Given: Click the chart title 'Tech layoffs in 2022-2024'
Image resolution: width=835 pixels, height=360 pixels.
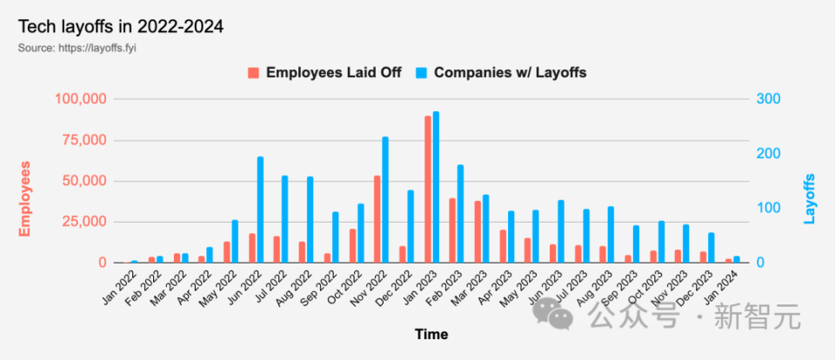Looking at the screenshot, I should click(x=121, y=27).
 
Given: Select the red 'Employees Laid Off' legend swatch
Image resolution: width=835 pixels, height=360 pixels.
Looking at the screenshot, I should click(x=254, y=73).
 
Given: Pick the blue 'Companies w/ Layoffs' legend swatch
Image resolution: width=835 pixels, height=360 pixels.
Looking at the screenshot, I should click(x=423, y=73).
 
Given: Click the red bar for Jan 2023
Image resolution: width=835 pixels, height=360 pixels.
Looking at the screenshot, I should click(x=427, y=190).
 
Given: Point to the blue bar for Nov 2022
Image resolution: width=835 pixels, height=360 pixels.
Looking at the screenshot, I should click(x=385, y=200).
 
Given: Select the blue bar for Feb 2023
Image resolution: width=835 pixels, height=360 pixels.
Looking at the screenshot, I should click(x=460, y=214).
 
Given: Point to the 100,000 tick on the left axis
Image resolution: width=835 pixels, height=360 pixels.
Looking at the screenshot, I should click(x=81, y=99).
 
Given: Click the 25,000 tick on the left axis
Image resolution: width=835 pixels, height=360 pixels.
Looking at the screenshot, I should click(x=85, y=222).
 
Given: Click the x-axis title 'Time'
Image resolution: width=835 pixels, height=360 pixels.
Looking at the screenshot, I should click(x=431, y=334).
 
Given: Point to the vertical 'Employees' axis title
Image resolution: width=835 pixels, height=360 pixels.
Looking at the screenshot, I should click(x=25, y=198).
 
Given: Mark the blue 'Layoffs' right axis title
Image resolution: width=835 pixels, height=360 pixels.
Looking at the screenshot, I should click(x=810, y=198).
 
